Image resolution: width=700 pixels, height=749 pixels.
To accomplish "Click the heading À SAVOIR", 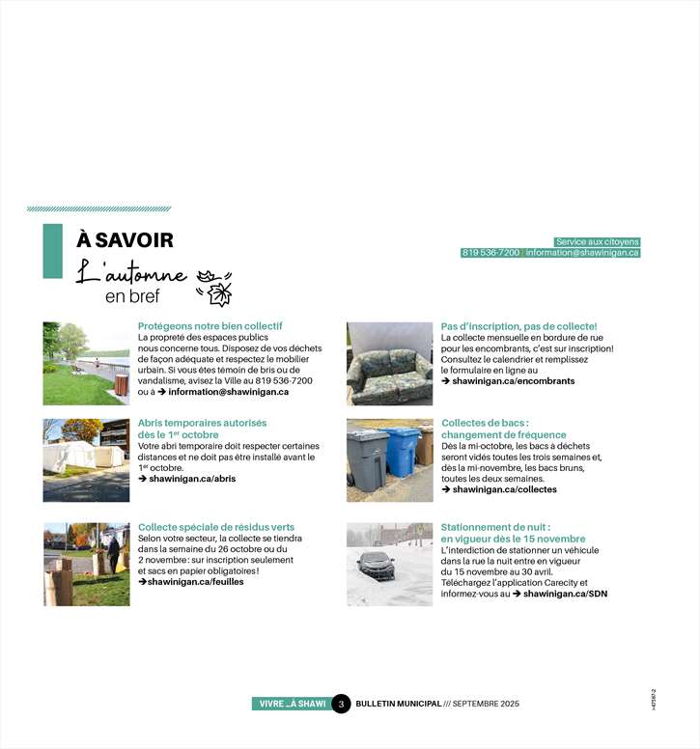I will [125, 240].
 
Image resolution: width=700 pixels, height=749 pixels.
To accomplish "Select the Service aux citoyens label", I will [597, 241].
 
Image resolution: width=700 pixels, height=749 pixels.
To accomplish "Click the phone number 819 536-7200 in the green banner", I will [490, 253].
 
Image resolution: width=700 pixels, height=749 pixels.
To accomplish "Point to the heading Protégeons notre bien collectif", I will [210, 326].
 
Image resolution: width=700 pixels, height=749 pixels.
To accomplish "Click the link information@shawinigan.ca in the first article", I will [229, 392].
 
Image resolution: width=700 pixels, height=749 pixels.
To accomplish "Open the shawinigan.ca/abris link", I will [192, 478].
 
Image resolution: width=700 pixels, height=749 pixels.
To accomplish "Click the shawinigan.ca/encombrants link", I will [513, 381].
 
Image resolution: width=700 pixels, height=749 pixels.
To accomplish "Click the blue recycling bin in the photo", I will [401, 452].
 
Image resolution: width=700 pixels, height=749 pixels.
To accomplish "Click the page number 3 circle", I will [341, 704].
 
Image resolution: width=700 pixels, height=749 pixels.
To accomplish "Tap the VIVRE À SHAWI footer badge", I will [292, 704].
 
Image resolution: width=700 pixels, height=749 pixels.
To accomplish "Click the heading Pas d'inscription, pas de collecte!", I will [518, 326].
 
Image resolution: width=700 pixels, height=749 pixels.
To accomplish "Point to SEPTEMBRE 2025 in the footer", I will [486, 704].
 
